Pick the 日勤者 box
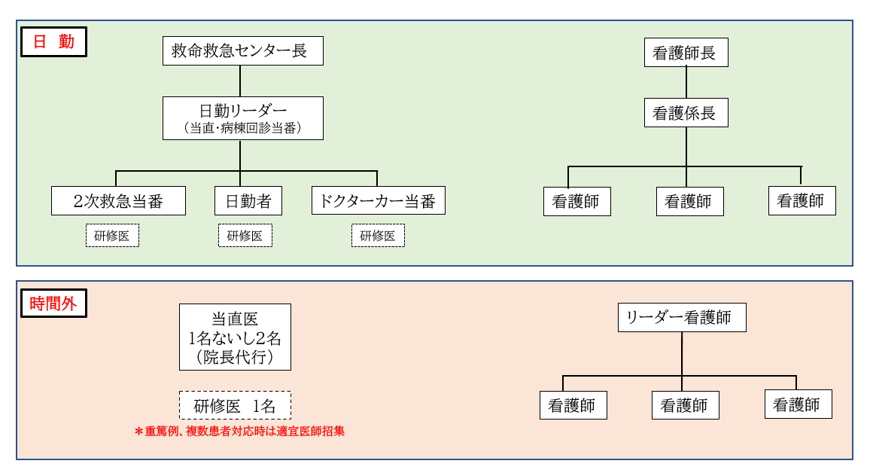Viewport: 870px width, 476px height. (248, 201)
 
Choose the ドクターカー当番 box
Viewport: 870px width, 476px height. (378, 201)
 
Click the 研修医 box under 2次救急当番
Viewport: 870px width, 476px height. (112, 236)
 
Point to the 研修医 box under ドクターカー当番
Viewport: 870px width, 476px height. (378, 236)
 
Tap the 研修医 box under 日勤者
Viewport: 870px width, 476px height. (245, 236)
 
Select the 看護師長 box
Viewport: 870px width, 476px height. (686, 53)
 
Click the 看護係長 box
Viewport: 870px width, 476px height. (686, 113)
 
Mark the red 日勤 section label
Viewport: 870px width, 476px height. (53, 42)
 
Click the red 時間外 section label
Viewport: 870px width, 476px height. (53, 304)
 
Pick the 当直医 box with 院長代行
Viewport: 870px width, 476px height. (235, 337)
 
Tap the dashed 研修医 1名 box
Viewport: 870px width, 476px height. (235, 405)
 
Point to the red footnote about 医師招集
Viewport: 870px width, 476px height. (239, 432)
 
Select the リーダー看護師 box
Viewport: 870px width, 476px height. (682, 317)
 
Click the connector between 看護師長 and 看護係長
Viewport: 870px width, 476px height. (686, 83)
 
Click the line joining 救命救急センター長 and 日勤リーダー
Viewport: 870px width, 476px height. (240, 81)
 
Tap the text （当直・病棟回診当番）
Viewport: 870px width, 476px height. (243, 129)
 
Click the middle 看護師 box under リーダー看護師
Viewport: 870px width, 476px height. (685, 405)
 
